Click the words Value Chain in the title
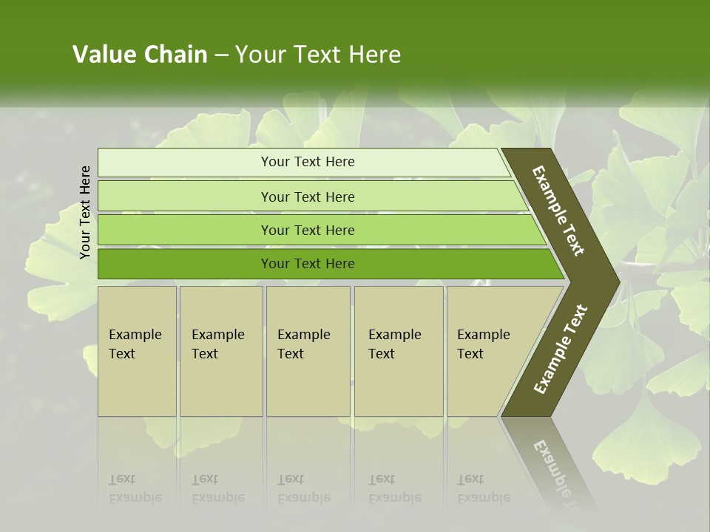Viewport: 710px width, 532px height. (x=140, y=55)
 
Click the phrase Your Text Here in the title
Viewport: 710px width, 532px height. (x=317, y=55)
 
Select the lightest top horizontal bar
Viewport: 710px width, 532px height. (x=185, y=163)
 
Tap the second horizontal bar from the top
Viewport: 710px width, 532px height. (x=185, y=197)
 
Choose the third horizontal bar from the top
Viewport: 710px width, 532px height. (x=185, y=231)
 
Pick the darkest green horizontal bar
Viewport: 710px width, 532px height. (x=185, y=264)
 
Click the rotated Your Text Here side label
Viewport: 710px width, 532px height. (x=85, y=212)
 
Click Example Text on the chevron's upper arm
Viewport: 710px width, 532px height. (x=558, y=211)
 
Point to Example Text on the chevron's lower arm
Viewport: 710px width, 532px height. (x=560, y=349)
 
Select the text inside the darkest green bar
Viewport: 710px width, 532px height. (x=308, y=264)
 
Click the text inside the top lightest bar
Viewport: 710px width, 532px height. (x=308, y=162)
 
